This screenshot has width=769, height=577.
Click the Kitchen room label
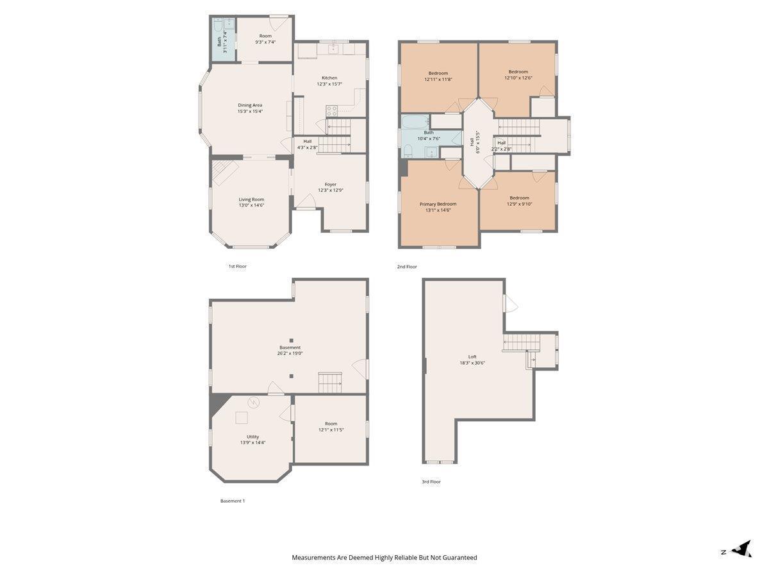click(x=329, y=78)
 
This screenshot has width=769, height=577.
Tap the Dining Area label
click(x=250, y=105)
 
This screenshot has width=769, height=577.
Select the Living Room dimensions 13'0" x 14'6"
click(x=251, y=205)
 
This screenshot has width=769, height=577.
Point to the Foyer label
click(x=331, y=184)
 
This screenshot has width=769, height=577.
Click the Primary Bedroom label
click(x=438, y=204)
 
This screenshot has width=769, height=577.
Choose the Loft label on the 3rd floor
click(x=472, y=356)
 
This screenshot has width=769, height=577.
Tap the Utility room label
click(x=252, y=437)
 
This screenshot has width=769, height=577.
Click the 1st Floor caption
click(x=238, y=266)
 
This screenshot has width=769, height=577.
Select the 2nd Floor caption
click(x=407, y=267)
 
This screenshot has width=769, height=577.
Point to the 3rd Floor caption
click(x=431, y=481)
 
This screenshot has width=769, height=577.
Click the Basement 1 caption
click(x=232, y=501)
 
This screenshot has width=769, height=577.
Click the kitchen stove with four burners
click(x=331, y=111)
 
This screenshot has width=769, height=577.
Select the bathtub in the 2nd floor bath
click(x=415, y=122)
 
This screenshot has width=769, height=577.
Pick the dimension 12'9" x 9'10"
click(x=519, y=204)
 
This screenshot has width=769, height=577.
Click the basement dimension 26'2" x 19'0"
click(x=290, y=353)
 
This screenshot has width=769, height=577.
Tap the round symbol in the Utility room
click(x=253, y=403)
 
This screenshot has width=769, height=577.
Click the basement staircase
click(x=330, y=383)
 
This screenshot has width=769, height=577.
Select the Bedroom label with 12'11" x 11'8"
click(x=438, y=73)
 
